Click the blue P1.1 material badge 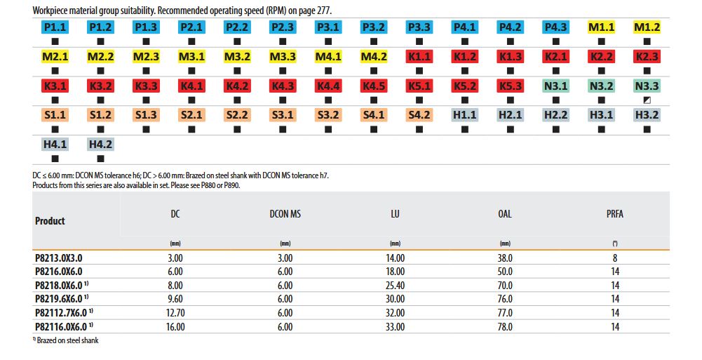pyautogui.click(x=55, y=27)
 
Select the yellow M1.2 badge pyautogui.click(x=647, y=27)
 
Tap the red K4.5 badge pyautogui.click(x=373, y=86)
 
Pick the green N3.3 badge pyautogui.click(x=647, y=86)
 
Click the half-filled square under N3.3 pyautogui.click(x=647, y=100)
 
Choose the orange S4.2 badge pyautogui.click(x=419, y=115)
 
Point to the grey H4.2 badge pyautogui.click(x=100, y=145)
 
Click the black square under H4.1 pyautogui.click(x=55, y=159)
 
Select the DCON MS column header pyautogui.click(x=285, y=214)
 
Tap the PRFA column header pyautogui.click(x=614, y=214)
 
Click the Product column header pyautogui.click(x=50, y=220)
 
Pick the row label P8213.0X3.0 pyautogui.click(x=63, y=258)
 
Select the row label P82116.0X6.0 pyautogui.click(x=61, y=326)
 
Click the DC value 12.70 pyautogui.click(x=175, y=313)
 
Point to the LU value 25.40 pyautogui.click(x=395, y=286)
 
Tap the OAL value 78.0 pyautogui.click(x=504, y=326)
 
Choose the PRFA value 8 pyautogui.click(x=614, y=258)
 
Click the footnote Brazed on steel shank pyautogui.click(x=67, y=340)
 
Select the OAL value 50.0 pyautogui.click(x=504, y=272)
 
